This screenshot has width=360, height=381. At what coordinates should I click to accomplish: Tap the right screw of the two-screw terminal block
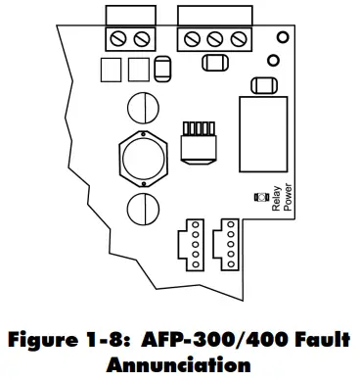pos(143,39)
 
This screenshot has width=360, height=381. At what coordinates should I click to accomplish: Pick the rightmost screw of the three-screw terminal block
pos(236,39)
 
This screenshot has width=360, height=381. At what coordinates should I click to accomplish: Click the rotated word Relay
pos(261,213)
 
